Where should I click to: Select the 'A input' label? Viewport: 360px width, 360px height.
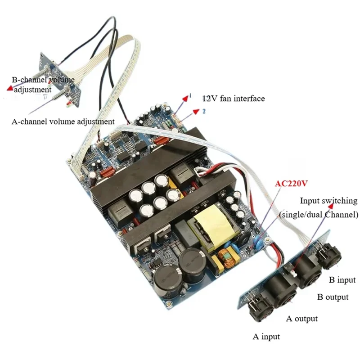pos(266,336)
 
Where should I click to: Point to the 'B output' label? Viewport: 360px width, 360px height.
pos(333,297)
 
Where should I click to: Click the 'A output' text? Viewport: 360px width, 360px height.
pos(302,319)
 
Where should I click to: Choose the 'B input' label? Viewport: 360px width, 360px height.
pos(342,280)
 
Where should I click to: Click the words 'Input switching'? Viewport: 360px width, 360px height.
pos(328,201)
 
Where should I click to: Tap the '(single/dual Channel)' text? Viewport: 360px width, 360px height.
pos(319,214)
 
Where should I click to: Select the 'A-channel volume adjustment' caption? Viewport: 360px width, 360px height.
pos(63,121)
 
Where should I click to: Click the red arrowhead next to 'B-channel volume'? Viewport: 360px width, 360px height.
pos(9,89)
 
